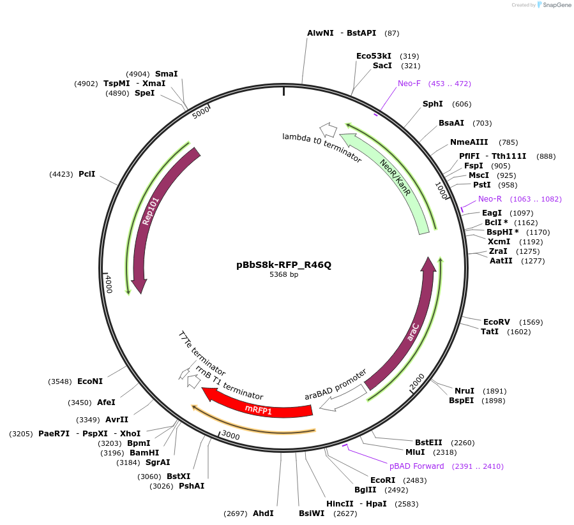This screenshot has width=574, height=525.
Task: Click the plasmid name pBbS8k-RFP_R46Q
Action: [284, 265]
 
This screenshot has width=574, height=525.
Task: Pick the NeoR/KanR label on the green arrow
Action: [395, 176]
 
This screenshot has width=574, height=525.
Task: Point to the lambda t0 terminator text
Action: [322, 148]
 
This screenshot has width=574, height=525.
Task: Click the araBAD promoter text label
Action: [336, 384]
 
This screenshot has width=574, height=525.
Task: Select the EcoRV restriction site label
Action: [496, 322]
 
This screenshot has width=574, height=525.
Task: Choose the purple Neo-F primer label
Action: [409, 84]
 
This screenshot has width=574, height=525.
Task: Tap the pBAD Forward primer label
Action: [416, 466]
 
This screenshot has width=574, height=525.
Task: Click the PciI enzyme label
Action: [87, 174]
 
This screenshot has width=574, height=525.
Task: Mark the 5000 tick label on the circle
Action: [201, 112]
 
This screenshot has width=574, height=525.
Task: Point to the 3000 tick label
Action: [230, 436]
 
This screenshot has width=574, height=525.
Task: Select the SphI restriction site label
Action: [432, 104]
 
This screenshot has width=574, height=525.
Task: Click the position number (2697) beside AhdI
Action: [235, 514]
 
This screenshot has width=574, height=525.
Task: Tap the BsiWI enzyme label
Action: [312, 513]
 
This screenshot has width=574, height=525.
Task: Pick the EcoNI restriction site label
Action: [89, 381]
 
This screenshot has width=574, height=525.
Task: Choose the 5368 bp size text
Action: [284, 275]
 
